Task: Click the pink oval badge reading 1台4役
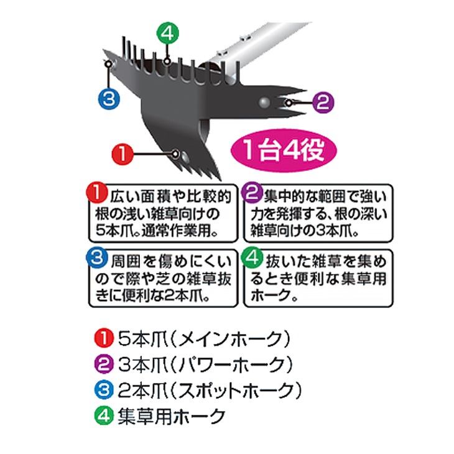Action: click(284, 151)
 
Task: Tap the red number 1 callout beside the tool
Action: click(123, 154)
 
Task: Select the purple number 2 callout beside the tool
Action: click(323, 102)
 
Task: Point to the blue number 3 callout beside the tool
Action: click(109, 98)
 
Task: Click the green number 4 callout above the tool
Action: click(167, 34)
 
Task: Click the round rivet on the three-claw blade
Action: click(264, 103)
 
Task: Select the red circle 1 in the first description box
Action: click(96, 193)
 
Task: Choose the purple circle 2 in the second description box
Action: click(252, 193)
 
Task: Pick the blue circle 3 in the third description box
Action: click(96, 257)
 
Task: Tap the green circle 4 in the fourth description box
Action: click(252, 257)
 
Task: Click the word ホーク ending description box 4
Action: click(271, 296)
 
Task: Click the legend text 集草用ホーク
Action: click(172, 416)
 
